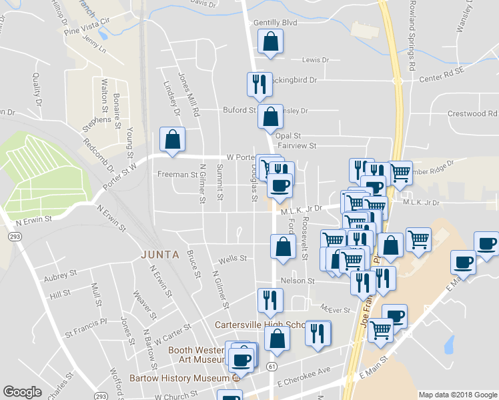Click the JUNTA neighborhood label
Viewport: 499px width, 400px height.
point(159,253)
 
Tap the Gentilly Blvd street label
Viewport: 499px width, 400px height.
point(274,23)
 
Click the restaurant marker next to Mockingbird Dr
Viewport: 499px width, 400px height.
point(260,84)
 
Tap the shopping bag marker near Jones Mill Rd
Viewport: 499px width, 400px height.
point(172,139)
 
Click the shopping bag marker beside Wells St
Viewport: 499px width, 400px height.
point(283,247)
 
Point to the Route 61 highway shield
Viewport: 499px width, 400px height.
point(271,365)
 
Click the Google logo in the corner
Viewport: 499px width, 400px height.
point(22,392)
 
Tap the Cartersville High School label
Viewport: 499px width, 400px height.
point(260,325)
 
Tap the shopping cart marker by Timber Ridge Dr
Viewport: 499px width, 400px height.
point(400,172)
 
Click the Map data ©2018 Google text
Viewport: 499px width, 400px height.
point(458,395)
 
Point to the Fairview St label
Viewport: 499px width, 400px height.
point(296,145)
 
